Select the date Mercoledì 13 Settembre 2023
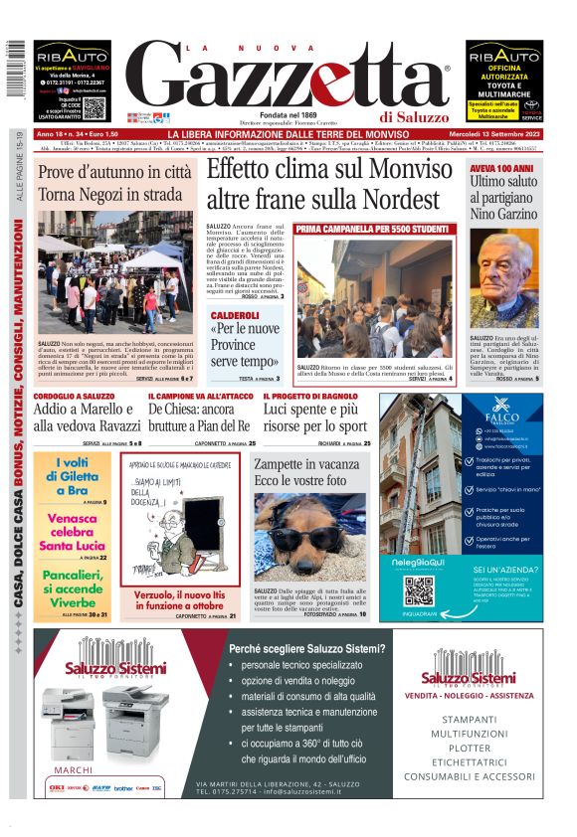coord(502,134)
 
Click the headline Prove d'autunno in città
coord(114,172)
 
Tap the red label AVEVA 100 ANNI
coord(503,169)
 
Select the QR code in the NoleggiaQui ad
coord(418,589)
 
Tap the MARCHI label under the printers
coord(73,769)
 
